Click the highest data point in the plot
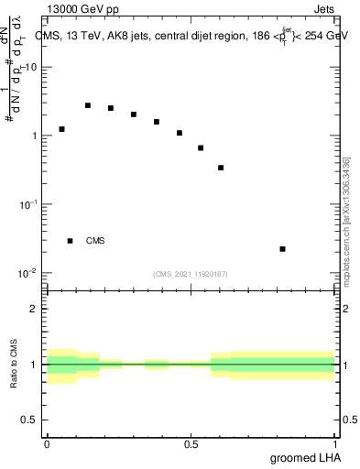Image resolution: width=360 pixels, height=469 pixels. [x=88, y=105]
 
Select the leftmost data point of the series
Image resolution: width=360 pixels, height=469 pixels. [x=62, y=129]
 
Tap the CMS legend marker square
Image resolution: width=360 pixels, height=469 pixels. [x=70, y=241]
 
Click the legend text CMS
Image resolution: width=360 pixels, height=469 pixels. [x=95, y=241]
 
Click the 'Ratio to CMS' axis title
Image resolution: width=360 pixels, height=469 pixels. [x=15, y=364]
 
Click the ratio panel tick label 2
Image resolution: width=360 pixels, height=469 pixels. [x=34, y=309]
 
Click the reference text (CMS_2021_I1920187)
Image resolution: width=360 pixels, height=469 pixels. [x=191, y=273]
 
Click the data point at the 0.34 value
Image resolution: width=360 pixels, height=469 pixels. [x=221, y=168]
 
